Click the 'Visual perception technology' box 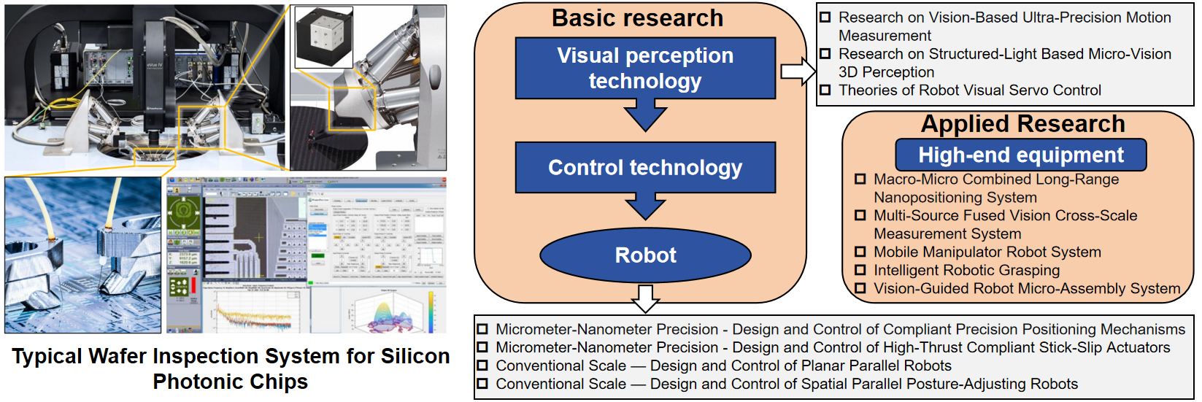click(645, 68)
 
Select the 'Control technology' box click(645, 168)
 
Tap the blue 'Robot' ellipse click(645, 255)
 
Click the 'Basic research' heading click(637, 18)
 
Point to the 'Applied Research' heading click(1022, 124)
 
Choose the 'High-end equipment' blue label click(1021, 155)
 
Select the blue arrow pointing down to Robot click(645, 206)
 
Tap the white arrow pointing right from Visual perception click(798, 71)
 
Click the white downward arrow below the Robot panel click(645, 298)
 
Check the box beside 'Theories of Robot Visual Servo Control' click(825, 90)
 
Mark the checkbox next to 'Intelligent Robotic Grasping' click(860, 270)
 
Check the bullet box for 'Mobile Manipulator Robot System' click(860, 252)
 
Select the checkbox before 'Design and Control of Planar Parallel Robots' click(482, 366)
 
